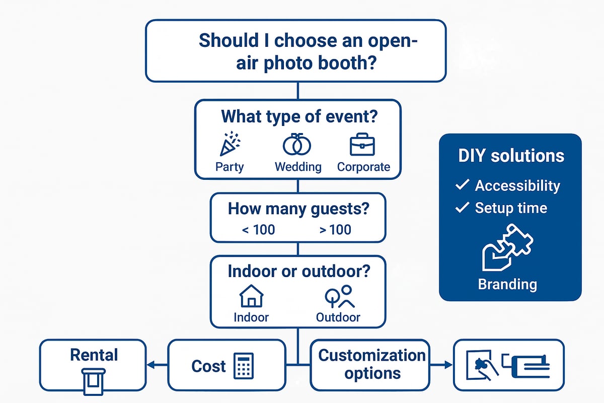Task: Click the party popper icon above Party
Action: click(x=230, y=144)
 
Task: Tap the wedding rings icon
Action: click(x=297, y=145)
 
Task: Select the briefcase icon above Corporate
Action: click(x=363, y=144)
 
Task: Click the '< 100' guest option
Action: click(x=258, y=230)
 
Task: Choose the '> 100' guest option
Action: click(x=335, y=230)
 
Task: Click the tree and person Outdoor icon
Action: click(x=338, y=297)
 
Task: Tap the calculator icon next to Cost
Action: click(x=244, y=366)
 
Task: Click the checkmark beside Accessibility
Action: click(x=462, y=185)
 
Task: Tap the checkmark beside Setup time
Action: click(x=462, y=208)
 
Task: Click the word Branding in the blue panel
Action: click(x=507, y=284)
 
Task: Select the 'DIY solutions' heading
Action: click(x=511, y=156)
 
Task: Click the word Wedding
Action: click(x=298, y=167)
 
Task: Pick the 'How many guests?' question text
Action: click(x=297, y=209)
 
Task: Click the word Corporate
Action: click(x=363, y=167)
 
